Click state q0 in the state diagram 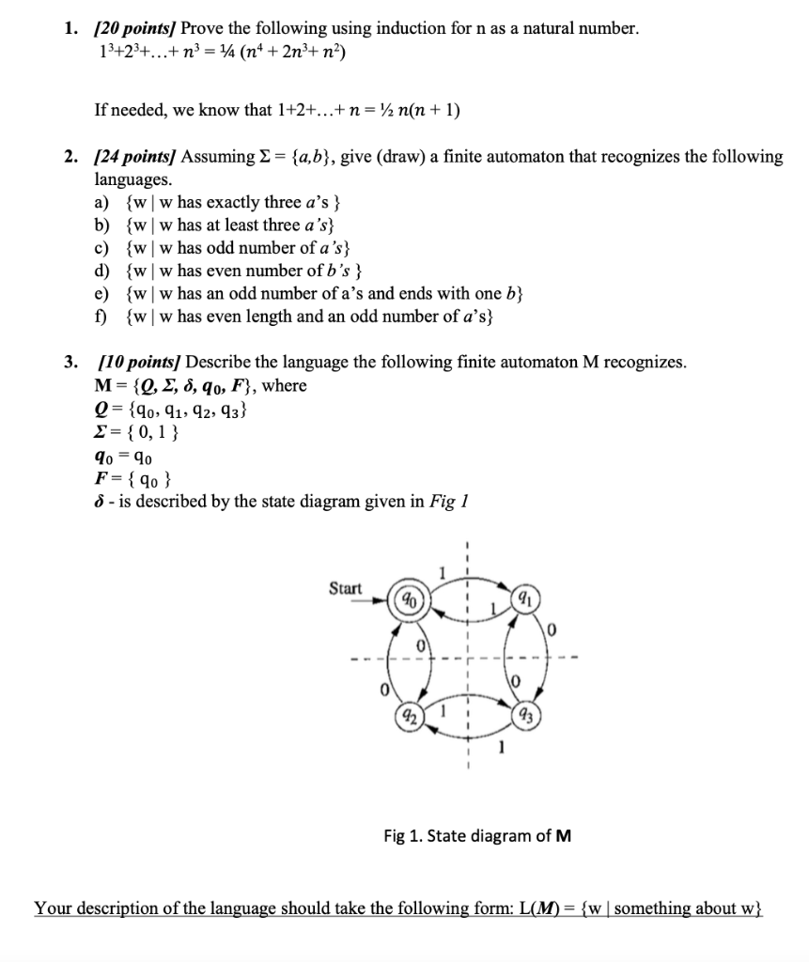click(x=410, y=597)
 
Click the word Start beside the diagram click(x=345, y=588)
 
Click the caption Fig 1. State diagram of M click(x=476, y=835)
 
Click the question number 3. click(x=70, y=363)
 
